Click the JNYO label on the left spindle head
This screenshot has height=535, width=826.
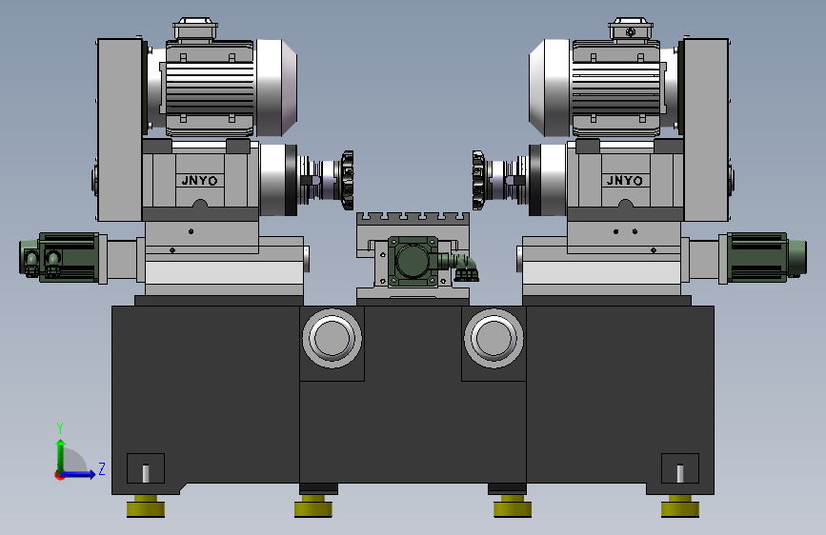point(199,181)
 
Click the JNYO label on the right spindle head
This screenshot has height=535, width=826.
point(624,181)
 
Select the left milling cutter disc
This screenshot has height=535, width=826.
point(347,180)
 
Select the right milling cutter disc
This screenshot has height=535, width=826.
point(478,180)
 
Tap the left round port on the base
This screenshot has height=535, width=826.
point(332,338)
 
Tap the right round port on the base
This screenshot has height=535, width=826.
point(494,338)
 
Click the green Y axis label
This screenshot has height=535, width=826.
point(60,428)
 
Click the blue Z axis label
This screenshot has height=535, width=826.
point(102,468)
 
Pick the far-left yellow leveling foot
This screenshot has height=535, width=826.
point(146,506)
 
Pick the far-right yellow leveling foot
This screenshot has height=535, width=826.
point(680,506)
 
